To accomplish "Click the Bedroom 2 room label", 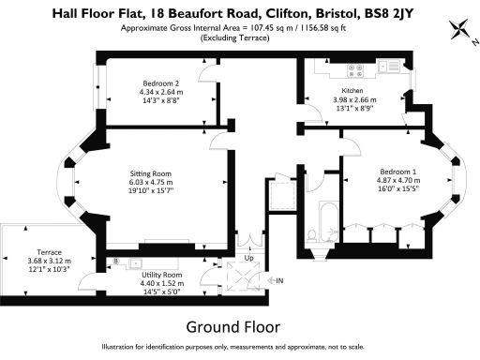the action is pyautogui.click(x=161, y=83).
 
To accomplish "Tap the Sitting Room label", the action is pyautogui.click(x=151, y=173).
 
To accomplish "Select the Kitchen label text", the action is pyautogui.click(x=352, y=91).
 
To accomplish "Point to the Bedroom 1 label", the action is pyautogui.click(x=398, y=172).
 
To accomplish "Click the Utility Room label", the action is pyautogui.click(x=162, y=275).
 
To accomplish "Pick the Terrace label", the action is pyautogui.click(x=49, y=252).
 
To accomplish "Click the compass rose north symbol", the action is pyautogui.click(x=459, y=29).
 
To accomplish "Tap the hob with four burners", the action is pyautogui.click(x=355, y=70).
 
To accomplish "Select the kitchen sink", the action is pyautogui.click(x=388, y=66).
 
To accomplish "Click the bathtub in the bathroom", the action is pyautogui.click(x=329, y=221).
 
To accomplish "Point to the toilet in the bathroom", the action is pyautogui.click(x=312, y=236).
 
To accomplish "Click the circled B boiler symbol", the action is pyautogui.click(x=116, y=261).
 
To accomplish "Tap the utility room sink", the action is pyautogui.click(x=136, y=263).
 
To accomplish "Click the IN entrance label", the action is pyautogui.click(x=279, y=280).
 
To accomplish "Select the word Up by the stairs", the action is pyautogui.click(x=248, y=258).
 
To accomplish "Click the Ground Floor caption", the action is pyautogui.click(x=233, y=327).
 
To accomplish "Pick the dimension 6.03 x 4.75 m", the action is pyautogui.click(x=151, y=182).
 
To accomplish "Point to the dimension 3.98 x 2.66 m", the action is pyautogui.click(x=354, y=100).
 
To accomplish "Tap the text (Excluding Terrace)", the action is pyautogui.click(x=234, y=38).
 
